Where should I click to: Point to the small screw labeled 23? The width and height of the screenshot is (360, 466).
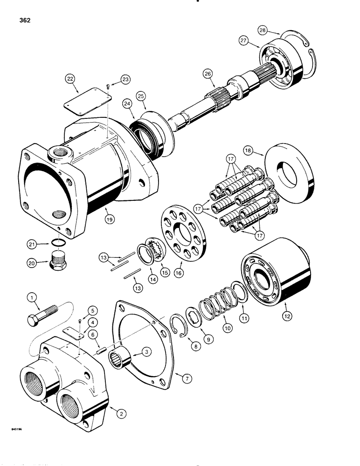point(108,86)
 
